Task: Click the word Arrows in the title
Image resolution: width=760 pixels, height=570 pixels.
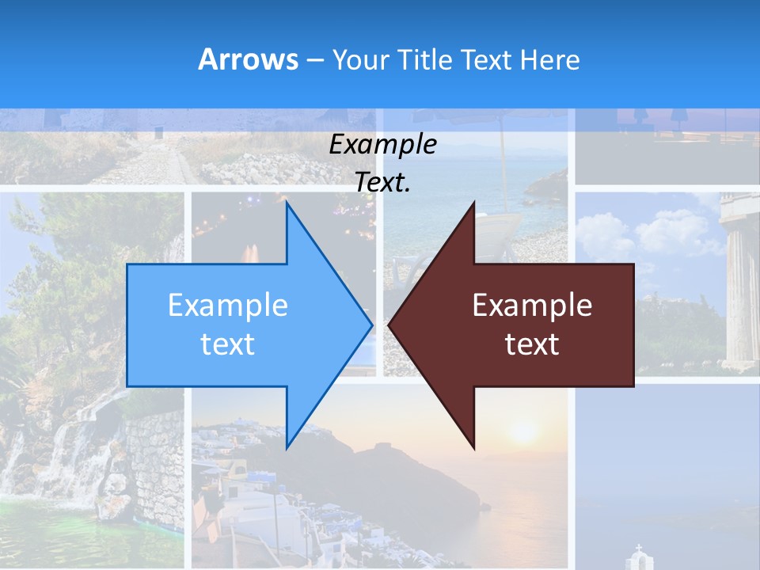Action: pos(248,59)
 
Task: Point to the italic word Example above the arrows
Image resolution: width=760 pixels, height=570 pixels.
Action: pos(382,145)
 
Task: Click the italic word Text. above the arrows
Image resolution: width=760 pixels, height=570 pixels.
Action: pos(382,182)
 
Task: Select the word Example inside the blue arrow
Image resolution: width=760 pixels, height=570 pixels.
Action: pos(228,306)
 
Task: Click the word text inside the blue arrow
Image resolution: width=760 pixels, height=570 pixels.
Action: pos(228,344)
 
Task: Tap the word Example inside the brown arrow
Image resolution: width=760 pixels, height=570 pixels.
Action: pos(532,306)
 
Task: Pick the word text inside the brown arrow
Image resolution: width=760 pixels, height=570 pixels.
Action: pos(532,344)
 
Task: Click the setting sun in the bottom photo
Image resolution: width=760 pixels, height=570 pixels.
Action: pos(523,432)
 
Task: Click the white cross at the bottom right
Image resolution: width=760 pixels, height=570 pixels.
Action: pos(638,549)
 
